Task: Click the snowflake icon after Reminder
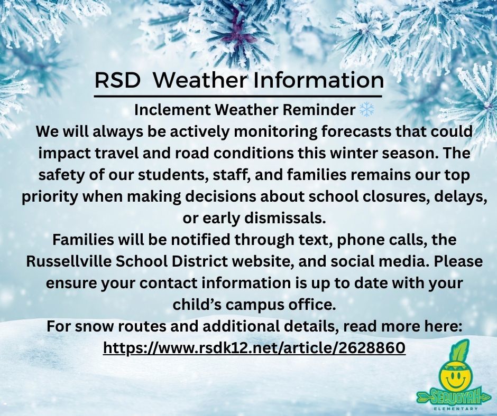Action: coord(367,110)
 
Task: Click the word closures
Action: coord(395,196)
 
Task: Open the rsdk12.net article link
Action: coord(254,348)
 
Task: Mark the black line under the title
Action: coord(238,96)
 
